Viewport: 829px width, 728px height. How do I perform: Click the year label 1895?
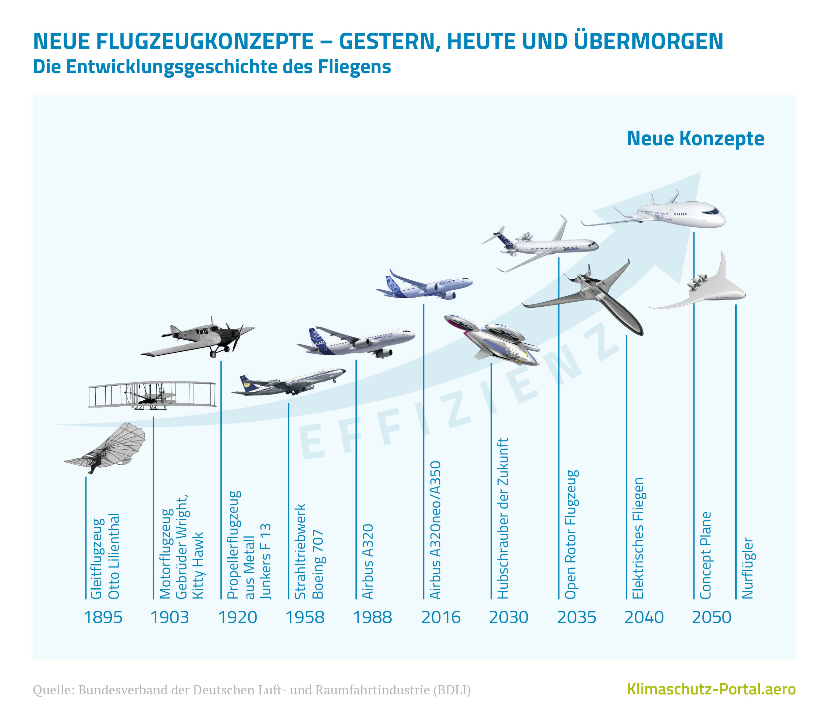click(103, 617)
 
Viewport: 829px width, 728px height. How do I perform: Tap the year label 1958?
click(305, 617)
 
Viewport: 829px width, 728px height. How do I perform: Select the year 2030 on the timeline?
click(508, 617)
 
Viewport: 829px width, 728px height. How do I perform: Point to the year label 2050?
click(712, 617)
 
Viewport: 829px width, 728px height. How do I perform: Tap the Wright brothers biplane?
click(152, 395)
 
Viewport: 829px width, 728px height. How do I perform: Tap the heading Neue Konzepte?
click(696, 139)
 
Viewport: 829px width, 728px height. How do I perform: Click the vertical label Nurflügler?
click(747, 568)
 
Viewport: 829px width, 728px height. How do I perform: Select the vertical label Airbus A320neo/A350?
click(435, 530)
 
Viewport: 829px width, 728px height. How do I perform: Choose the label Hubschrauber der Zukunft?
click(503, 518)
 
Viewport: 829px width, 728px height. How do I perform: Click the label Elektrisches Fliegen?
click(638, 538)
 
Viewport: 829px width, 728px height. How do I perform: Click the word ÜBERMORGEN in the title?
click(649, 41)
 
